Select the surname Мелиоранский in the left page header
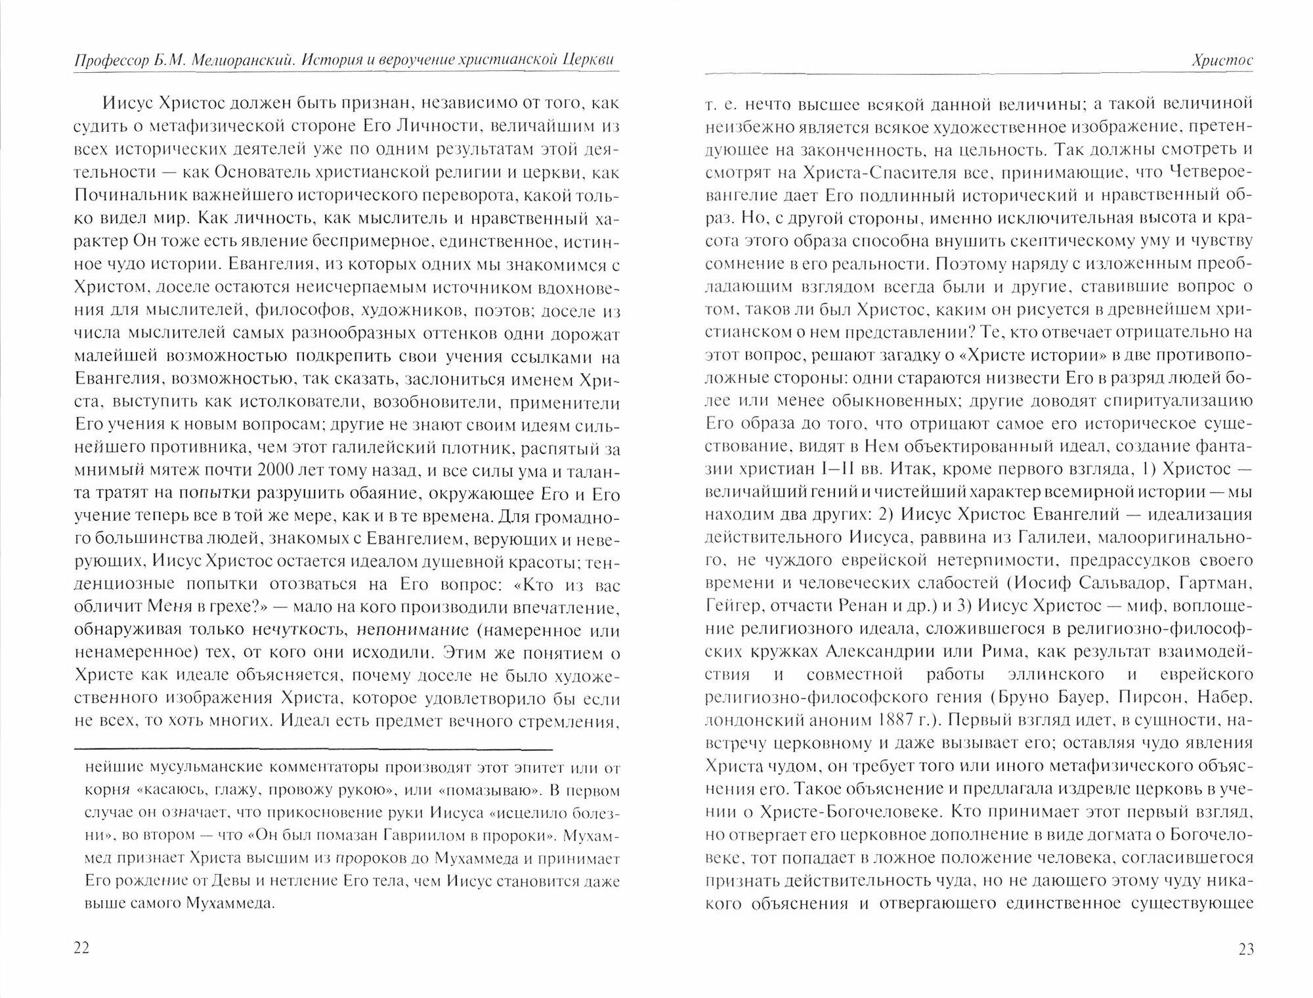point(251,60)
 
